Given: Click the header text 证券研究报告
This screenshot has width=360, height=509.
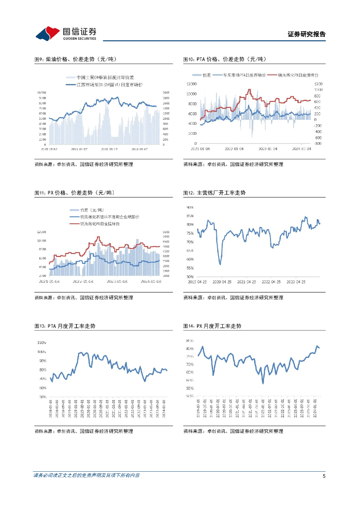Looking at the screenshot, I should click(306, 34).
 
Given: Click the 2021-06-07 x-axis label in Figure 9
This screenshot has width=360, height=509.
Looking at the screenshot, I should click(80, 148).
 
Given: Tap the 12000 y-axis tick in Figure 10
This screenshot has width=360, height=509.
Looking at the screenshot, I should click(192, 84).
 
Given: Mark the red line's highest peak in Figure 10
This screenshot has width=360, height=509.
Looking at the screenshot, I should click(250, 90).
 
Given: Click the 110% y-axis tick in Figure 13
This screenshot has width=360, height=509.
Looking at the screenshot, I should click(42, 342).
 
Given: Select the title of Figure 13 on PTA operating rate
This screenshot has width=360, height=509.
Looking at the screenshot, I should click(65, 326).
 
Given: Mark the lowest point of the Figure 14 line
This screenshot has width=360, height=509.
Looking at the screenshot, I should click(263, 383).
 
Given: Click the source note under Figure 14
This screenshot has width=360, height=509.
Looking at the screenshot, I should click(233, 431).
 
